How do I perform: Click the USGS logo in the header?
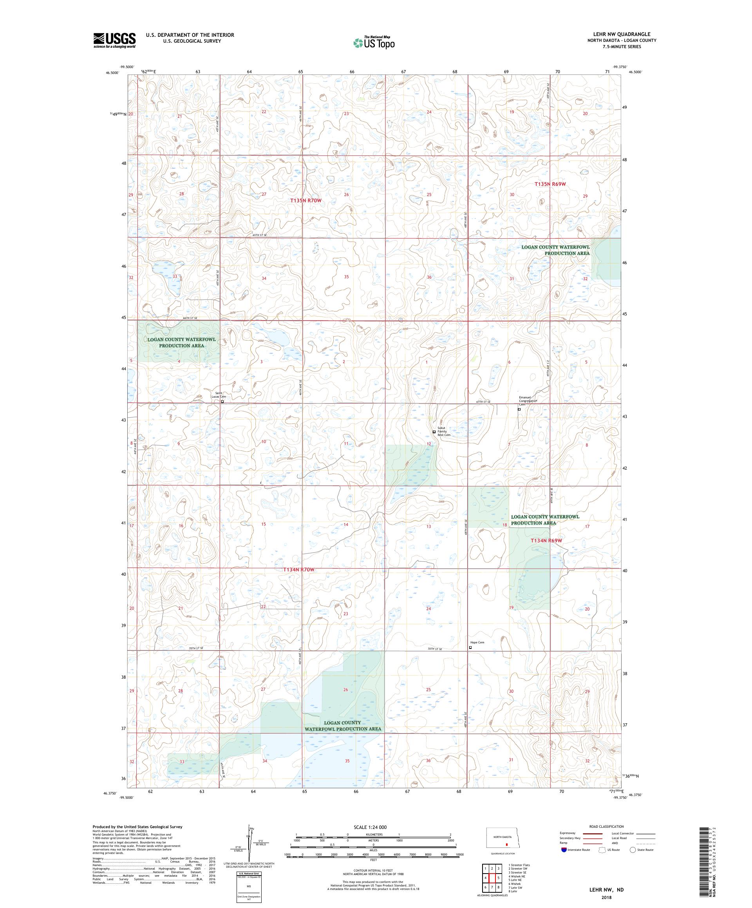114,41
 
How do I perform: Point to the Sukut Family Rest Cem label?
444,431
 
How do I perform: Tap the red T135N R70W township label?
306,201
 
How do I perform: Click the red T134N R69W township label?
546,540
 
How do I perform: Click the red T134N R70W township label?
298,569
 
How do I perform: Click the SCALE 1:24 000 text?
373,826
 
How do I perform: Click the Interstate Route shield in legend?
564,850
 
